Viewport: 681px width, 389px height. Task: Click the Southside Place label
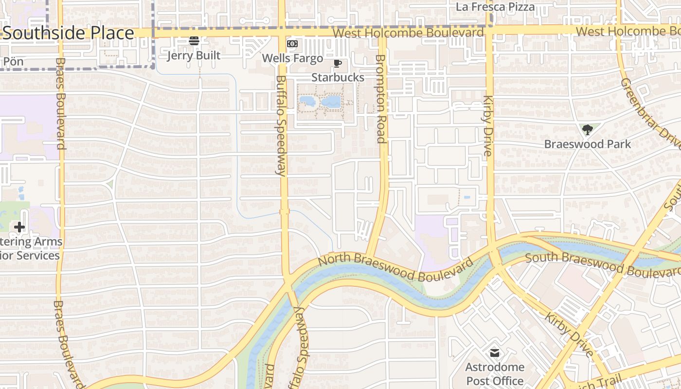68,33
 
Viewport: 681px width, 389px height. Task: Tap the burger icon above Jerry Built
194,40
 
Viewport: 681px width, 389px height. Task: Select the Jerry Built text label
194,55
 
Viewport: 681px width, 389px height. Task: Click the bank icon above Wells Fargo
292,44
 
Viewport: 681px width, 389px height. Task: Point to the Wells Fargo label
292,58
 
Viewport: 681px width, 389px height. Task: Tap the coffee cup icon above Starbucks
338,63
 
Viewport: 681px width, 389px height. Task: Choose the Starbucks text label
338,77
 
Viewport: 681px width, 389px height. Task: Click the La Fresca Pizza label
495,7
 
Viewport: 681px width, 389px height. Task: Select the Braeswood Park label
587,144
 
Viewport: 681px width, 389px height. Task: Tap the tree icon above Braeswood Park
588,130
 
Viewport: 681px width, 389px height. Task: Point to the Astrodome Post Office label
495,373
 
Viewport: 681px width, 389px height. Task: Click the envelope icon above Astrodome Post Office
495,353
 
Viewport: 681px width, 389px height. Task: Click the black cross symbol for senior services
19,227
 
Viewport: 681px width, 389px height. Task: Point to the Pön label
13,62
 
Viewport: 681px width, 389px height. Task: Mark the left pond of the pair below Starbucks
306,101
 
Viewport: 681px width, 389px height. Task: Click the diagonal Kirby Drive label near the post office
569,335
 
